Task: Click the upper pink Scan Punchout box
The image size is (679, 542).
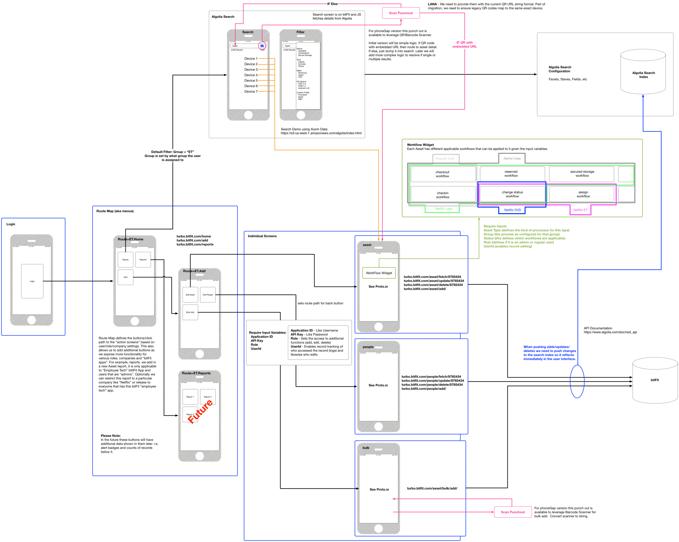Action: [x=401, y=13]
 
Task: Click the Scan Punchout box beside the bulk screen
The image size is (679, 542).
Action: [x=513, y=512]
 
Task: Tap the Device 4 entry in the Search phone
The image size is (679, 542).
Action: [x=251, y=75]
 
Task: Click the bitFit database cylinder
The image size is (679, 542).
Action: [x=655, y=380]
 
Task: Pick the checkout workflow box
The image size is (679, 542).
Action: [x=442, y=174]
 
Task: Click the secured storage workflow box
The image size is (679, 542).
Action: [x=582, y=174]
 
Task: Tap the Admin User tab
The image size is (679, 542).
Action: [x=512, y=159]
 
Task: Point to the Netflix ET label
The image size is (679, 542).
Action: [x=580, y=210]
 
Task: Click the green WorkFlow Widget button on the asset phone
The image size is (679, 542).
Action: [x=379, y=273]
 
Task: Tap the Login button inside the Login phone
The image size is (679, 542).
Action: [x=32, y=281]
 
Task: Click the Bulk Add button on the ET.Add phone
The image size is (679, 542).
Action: [x=190, y=312]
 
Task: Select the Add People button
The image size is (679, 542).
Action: [x=208, y=294]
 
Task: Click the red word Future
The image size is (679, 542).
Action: [x=200, y=411]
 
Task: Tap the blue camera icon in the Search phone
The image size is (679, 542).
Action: [x=262, y=46]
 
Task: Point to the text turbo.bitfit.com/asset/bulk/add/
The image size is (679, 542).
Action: [x=432, y=488]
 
